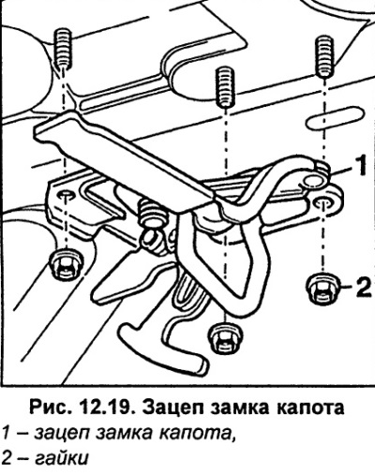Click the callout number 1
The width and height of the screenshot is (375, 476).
pyautogui.click(x=361, y=166)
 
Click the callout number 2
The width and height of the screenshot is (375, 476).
pyautogui.click(x=363, y=287)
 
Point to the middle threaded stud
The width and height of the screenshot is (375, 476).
pyautogui.click(x=224, y=87)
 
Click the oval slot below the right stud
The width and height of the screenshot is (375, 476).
pyautogui.click(x=335, y=118)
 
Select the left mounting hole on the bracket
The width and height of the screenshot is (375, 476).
pyautogui.click(x=66, y=195)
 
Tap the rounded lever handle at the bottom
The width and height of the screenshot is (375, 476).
pyautogui.click(x=157, y=345)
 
